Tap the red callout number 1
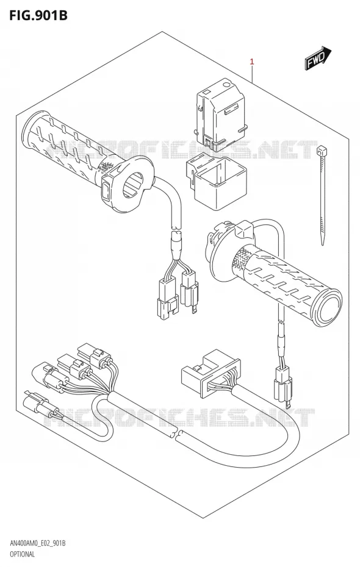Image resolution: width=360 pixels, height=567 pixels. [x=252, y=62]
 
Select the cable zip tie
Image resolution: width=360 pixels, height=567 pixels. [x=322, y=194]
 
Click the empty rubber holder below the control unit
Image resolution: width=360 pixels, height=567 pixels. [x=215, y=180]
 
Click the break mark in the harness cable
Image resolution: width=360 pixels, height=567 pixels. [x=177, y=434]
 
